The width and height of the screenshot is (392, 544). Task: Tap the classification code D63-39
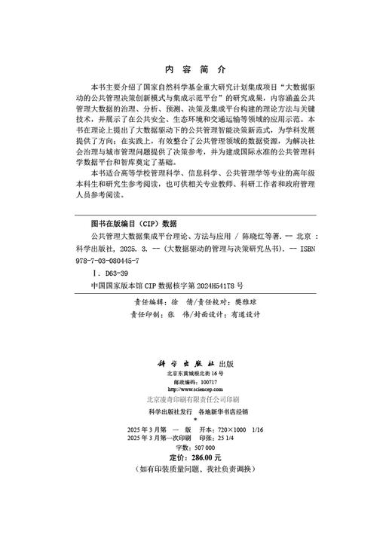click(118, 273)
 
